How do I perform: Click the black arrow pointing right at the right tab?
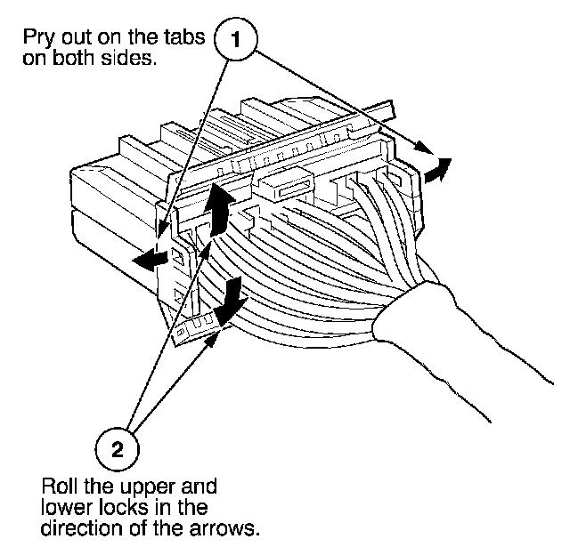click(436, 170)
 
